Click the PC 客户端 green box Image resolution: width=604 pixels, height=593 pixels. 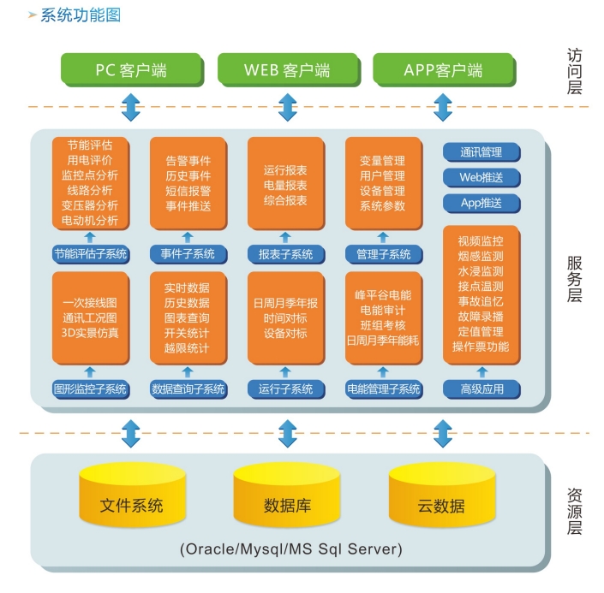click(x=130, y=70)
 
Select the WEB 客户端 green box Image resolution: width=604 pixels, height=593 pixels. click(x=286, y=70)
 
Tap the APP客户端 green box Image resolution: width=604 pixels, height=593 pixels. click(x=443, y=70)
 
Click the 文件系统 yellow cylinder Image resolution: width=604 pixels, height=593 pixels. click(x=131, y=503)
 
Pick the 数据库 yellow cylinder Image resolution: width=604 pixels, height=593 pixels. click(x=287, y=503)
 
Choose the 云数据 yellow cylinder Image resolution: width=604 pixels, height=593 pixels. click(x=441, y=503)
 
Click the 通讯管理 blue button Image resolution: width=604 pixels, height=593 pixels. click(x=481, y=152)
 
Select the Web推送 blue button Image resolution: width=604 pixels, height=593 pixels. click(x=481, y=178)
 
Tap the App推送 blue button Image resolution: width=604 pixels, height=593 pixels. click(x=481, y=204)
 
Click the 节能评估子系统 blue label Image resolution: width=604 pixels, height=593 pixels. click(x=91, y=253)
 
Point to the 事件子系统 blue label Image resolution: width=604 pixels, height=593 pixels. click(x=188, y=253)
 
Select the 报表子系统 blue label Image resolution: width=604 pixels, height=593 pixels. click(x=285, y=253)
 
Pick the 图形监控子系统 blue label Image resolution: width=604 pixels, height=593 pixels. click(x=91, y=388)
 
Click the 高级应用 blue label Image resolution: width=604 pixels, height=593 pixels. click(x=481, y=388)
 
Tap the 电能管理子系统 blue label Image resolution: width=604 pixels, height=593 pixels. click(x=383, y=388)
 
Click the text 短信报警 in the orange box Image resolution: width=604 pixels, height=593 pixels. click(x=188, y=191)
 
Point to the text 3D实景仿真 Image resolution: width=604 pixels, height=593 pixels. click(x=91, y=333)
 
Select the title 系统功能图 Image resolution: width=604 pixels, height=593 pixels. click(x=81, y=15)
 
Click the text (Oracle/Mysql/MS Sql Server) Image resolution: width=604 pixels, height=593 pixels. click(x=291, y=548)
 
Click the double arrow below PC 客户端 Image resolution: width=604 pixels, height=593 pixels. click(x=130, y=108)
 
